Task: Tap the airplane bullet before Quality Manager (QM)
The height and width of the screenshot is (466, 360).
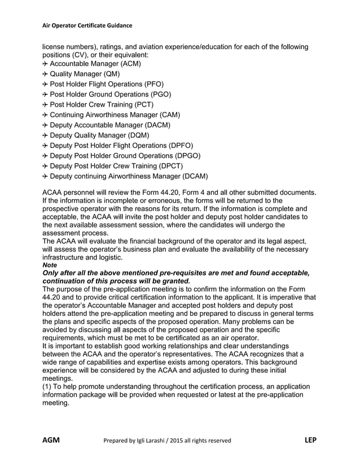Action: [45, 74]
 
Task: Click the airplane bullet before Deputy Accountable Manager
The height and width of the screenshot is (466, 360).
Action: [45, 125]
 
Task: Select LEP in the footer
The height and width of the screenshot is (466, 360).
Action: [310, 440]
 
